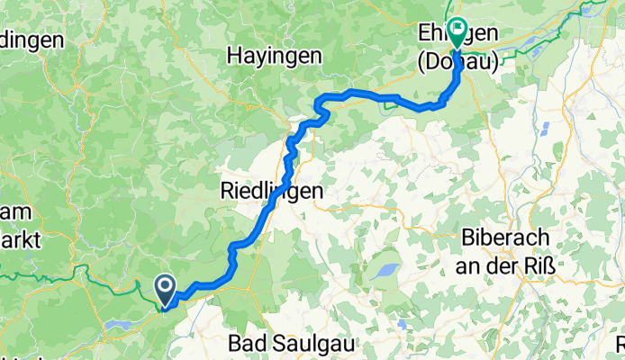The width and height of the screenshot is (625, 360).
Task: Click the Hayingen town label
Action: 274,56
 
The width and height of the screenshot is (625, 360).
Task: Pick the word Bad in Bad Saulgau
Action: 247,343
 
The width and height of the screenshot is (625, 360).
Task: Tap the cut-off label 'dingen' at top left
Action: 31,40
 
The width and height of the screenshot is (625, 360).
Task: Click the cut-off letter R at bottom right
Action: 620,344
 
